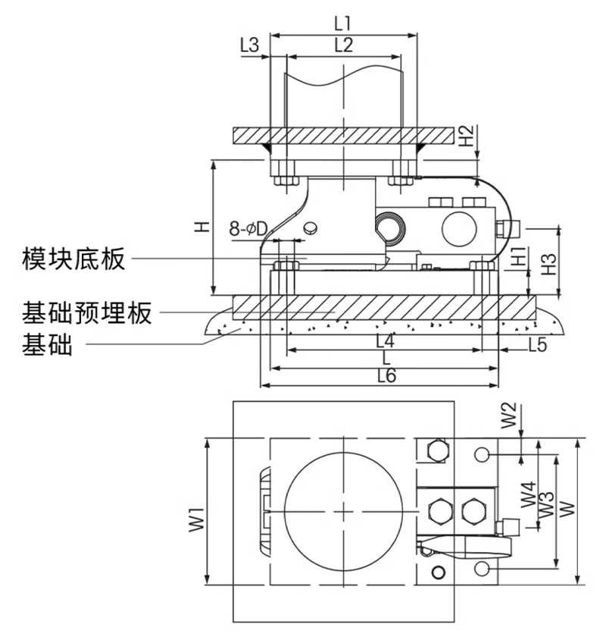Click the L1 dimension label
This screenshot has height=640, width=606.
pos(343,22)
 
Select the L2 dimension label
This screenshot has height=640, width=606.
pos(343,45)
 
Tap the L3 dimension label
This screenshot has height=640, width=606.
pos(249,45)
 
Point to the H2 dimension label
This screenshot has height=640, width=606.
pos(467,136)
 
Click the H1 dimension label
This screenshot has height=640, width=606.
pos(517,256)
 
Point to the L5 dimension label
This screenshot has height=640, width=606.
pos(536,344)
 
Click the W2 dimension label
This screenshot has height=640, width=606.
pos(510,416)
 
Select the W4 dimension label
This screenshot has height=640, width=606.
pos(529,497)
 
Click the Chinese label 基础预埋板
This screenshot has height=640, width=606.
pos(87,312)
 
